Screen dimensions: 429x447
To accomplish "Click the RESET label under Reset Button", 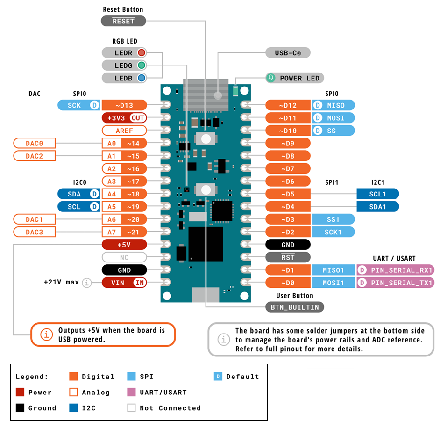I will (123, 21).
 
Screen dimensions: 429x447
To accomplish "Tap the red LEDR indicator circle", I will (141, 53).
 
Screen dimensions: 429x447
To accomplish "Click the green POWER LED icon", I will (271, 78).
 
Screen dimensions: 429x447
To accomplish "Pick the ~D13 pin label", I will (124, 105).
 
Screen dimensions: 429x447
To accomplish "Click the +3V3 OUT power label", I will (124, 118).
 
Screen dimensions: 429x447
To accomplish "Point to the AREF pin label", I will (124, 131).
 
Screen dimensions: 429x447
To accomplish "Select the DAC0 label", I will (35, 143).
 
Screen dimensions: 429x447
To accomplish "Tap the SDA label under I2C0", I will (74, 194).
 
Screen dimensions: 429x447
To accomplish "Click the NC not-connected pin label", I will (124, 257).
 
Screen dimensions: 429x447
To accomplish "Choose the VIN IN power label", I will (124, 283).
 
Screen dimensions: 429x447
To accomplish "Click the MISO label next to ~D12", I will (335, 105).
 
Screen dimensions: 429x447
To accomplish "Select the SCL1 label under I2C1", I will (377, 194).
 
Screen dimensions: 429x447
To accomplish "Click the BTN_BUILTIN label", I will (295, 307).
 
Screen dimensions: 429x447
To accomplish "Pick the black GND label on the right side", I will (288, 245).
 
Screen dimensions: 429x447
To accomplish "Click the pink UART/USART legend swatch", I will (131, 392).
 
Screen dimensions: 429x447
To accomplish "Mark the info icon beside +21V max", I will (86, 283).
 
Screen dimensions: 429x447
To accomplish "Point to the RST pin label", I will (288, 257).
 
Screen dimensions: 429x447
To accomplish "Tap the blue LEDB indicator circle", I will (141, 78).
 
